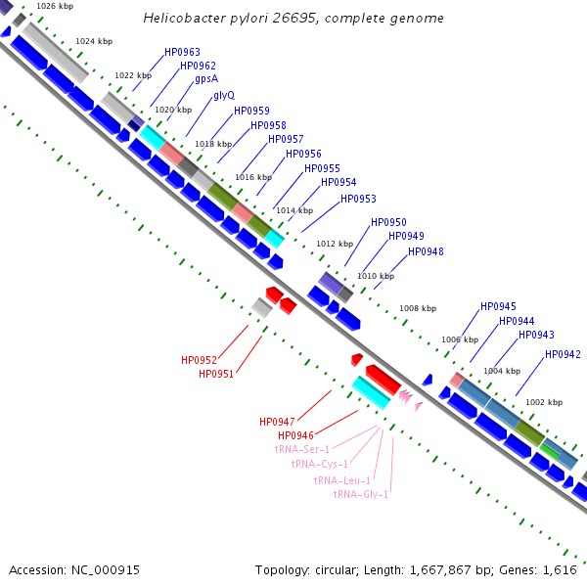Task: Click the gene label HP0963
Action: (182, 52)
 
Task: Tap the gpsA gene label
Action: (206, 79)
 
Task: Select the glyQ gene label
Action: (224, 96)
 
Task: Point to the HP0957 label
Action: (286, 139)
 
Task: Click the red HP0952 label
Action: (199, 360)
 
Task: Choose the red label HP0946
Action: (295, 435)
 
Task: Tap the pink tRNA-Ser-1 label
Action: (302, 449)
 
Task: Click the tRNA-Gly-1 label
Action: (360, 494)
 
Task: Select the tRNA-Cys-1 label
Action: (320, 464)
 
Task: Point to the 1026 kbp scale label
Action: (55, 6)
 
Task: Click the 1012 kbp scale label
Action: (335, 244)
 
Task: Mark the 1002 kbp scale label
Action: (544, 402)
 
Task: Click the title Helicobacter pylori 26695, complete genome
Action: (293, 18)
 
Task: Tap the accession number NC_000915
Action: (106, 570)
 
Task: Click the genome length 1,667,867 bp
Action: (440, 570)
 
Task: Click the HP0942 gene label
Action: (563, 354)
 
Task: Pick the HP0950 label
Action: (388, 222)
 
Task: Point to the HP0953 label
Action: (358, 199)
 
